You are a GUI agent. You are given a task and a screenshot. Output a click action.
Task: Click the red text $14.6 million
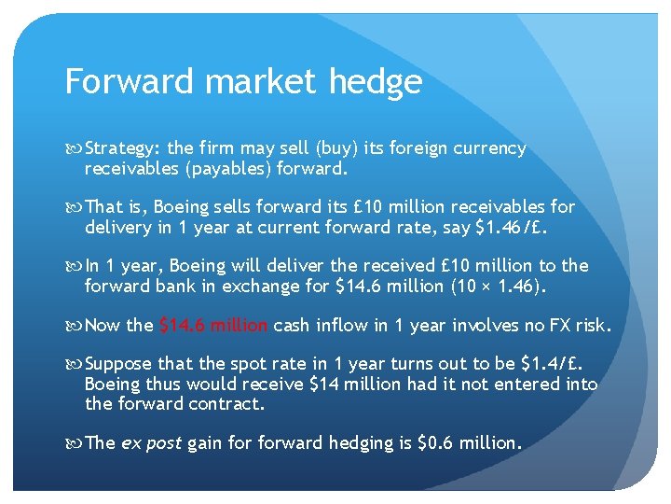pos(213,325)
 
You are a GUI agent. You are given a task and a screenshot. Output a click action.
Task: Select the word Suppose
pos(119,364)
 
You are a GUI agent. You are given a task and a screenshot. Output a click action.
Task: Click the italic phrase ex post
pos(151,443)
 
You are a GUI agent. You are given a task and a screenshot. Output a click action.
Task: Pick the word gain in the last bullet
pos(206,443)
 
